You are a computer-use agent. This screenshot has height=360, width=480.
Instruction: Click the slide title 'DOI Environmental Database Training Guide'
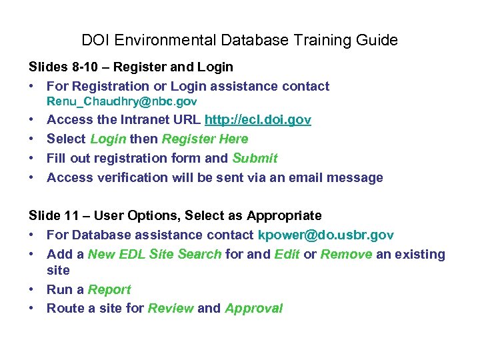[239, 40]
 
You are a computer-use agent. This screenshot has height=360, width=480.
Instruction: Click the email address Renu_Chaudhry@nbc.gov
[121, 102]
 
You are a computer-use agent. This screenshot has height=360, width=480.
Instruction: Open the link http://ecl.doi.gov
[257, 120]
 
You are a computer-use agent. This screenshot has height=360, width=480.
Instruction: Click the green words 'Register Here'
[205, 139]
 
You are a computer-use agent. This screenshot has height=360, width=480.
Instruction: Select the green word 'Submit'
[255, 158]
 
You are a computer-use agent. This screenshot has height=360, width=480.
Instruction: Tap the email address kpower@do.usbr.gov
[325, 235]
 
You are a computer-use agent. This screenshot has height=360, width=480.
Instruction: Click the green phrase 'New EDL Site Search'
[155, 254]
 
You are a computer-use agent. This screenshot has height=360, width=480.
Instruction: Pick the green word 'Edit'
[287, 254]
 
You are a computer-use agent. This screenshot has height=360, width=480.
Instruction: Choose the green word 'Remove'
[346, 254]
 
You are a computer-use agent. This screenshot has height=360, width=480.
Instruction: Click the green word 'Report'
[109, 289]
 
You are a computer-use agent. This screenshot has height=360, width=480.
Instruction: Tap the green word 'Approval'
[254, 308]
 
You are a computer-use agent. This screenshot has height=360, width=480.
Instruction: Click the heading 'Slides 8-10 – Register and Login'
[131, 67]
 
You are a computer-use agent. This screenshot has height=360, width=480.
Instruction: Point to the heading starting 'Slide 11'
[175, 215]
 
